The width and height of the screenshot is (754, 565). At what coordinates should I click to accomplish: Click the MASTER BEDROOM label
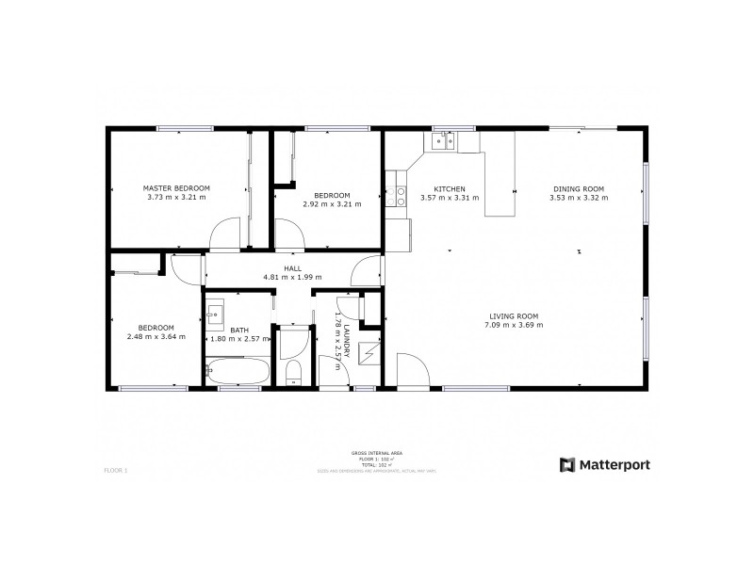[x=176, y=187]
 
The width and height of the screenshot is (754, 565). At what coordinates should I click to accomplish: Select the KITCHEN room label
[x=449, y=187]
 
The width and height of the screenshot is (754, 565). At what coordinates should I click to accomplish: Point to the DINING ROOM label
[x=579, y=187]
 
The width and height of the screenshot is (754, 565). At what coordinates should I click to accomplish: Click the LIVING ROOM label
[x=514, y=315]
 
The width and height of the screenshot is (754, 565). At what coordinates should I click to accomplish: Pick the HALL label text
[x=292, y=267]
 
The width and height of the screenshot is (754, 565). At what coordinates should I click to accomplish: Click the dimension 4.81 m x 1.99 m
[x=292, y=277]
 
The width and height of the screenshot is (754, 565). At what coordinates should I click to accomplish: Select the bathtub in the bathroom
[x=238, y=372]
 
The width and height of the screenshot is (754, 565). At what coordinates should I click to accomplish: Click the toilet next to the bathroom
[x=292, y=371]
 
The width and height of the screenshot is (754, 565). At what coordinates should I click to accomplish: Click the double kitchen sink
[x=443, y=141]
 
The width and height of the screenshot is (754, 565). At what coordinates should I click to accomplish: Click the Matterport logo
[x=605, y=463]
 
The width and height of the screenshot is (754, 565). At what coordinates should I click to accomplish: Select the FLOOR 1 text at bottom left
[x=114, y=468]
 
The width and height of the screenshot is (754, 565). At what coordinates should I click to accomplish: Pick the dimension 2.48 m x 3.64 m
[x=156, y=336]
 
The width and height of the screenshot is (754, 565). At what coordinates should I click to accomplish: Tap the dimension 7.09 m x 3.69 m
[x=514, y=325]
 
